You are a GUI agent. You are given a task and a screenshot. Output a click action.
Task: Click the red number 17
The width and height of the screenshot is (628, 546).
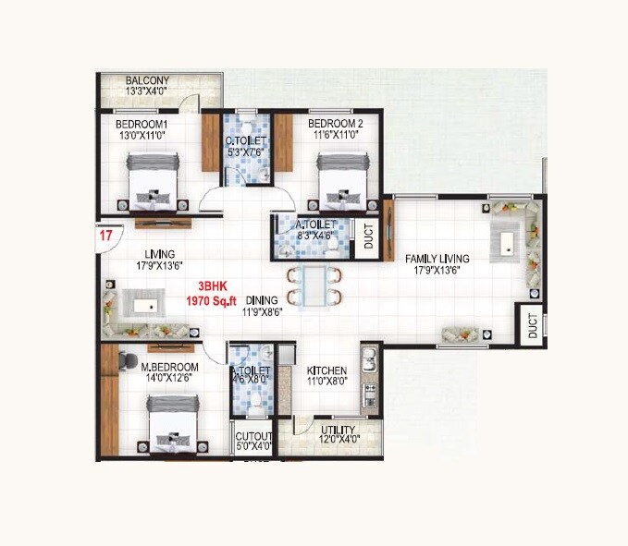point(105,236)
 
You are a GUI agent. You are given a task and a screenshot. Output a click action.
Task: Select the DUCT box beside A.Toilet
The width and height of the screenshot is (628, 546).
point(368,238)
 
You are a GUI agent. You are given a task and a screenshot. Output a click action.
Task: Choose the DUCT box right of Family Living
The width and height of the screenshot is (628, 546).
point(532,325)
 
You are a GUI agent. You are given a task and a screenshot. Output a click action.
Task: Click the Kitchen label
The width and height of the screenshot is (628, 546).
point(326,370)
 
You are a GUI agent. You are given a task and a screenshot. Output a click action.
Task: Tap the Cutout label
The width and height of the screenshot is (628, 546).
point(252,435)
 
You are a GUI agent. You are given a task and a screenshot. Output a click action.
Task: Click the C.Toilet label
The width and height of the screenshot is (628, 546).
point(246,141)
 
